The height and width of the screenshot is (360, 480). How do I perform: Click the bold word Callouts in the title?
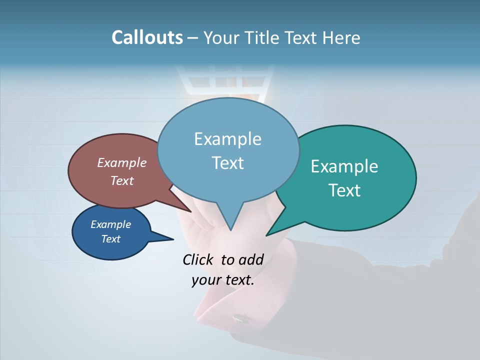click(x=147, y=37)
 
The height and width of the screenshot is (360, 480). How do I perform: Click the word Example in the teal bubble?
click(x=344, y=166)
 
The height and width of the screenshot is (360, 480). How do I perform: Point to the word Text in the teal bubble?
click(x=344, y=190)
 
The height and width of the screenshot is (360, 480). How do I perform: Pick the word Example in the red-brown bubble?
click(x=122, y=162)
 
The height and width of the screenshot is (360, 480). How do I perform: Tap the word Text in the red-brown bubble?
click(x=122, y=180)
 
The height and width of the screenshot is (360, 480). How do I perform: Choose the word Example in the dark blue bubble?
click(x=111, y=224)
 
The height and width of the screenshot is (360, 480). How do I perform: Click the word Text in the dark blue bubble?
click(x=111, y=239)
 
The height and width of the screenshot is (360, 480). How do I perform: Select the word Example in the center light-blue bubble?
click(x=227, y=139)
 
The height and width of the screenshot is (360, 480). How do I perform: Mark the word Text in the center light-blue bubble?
click(x=227, y=163)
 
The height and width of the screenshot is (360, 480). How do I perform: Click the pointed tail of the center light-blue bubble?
click(x=230, y=227)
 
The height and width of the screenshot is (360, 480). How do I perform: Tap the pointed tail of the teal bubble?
click(x=270, y=233)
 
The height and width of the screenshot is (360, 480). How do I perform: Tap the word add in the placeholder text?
click(x=251, y=259)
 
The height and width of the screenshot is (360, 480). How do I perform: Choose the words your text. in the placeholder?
click(x=223, y=280)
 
